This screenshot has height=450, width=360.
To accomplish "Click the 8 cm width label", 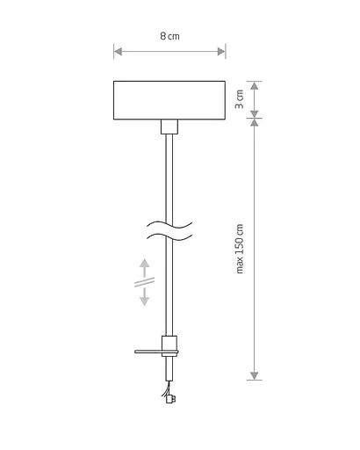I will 169,36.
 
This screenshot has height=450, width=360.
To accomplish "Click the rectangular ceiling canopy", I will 169,100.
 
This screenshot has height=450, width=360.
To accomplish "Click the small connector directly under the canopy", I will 169,126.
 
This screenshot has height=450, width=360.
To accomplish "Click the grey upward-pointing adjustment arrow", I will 145,265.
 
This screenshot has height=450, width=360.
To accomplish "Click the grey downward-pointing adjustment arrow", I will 145,299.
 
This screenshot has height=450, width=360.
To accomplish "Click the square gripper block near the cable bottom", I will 169,345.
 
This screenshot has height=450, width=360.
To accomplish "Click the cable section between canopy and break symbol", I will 169,176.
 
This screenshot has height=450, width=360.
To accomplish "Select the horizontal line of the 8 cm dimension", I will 169,53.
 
